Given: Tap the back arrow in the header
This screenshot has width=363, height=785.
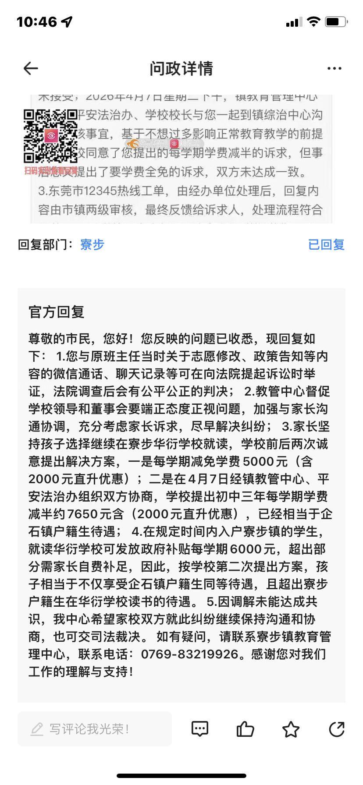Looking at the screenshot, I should pyautogui.click(x=31, y=68).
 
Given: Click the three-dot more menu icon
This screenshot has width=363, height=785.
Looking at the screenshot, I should pyautogui.click(x=335, y=68).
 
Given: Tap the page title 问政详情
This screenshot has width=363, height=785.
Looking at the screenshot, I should pyautogui.click(x=181, y=68).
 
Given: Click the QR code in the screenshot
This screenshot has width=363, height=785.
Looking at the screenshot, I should pyautogui.click(x=50, y=136).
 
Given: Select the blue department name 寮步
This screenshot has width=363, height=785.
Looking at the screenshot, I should pyautogui.click(x=92, y=244).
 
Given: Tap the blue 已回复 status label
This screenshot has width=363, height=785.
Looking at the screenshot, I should pyautogui.click(x=326, y=244).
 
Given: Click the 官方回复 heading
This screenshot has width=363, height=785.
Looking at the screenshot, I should pyautogui.click(x=56, y=312).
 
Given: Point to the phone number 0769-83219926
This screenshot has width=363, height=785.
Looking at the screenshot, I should pyautogui.click(x=189, y=654).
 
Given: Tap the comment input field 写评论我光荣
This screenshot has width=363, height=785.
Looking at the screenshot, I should pyautogui.click(x=94, y=729).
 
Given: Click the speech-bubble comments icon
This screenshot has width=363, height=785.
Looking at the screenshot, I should pyautogui.click(x=200, y=729).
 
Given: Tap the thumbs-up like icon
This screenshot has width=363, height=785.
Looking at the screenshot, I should pyautogui.click(x=245, y=729).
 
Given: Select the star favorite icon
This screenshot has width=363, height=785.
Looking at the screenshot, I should pyautogui.click(x=291, y=729).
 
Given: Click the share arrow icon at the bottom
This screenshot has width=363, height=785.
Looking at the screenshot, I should pyautogui.click(x=336, y=729).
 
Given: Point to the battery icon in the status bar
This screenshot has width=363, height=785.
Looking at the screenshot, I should pyautogui.click(x=336, y=22).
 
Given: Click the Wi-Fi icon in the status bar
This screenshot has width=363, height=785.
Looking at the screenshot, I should pyautogui.click(x=313, y=22).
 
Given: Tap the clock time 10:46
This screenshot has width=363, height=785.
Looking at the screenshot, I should pyautogui.click(x=37, y=22).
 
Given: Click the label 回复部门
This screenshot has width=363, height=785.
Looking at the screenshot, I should pyautogui.click(x=45, y=244).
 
